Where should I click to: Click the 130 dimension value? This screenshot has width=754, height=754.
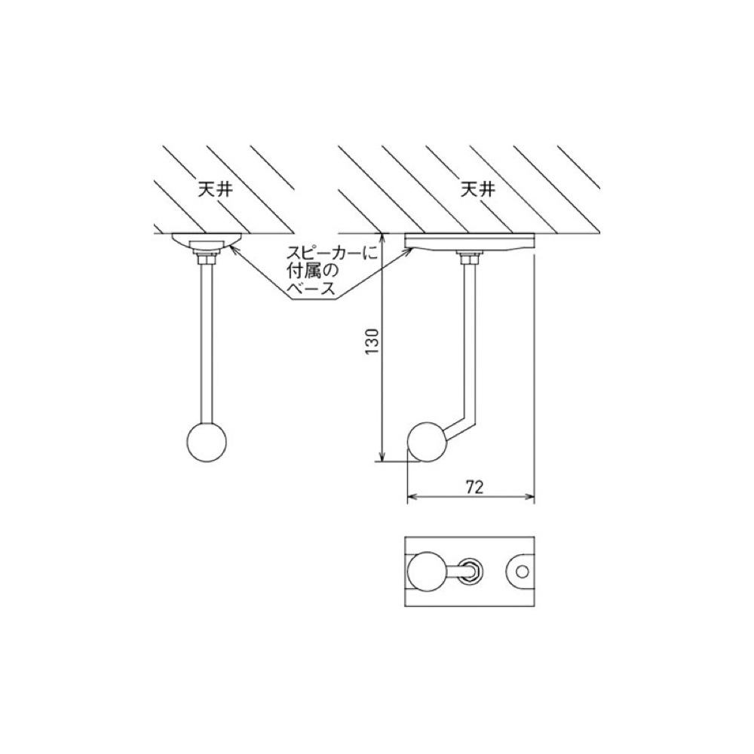372,342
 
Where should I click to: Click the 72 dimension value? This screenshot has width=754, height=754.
474,487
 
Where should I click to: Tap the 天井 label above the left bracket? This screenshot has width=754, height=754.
216,189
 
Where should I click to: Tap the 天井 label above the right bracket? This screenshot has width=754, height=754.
477,189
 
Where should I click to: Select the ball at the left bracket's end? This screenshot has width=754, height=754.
206,443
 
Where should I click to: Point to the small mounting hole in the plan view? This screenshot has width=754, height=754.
523,572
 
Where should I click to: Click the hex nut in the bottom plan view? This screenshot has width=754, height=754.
469,572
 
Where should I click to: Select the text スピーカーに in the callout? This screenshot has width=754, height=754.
332,253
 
